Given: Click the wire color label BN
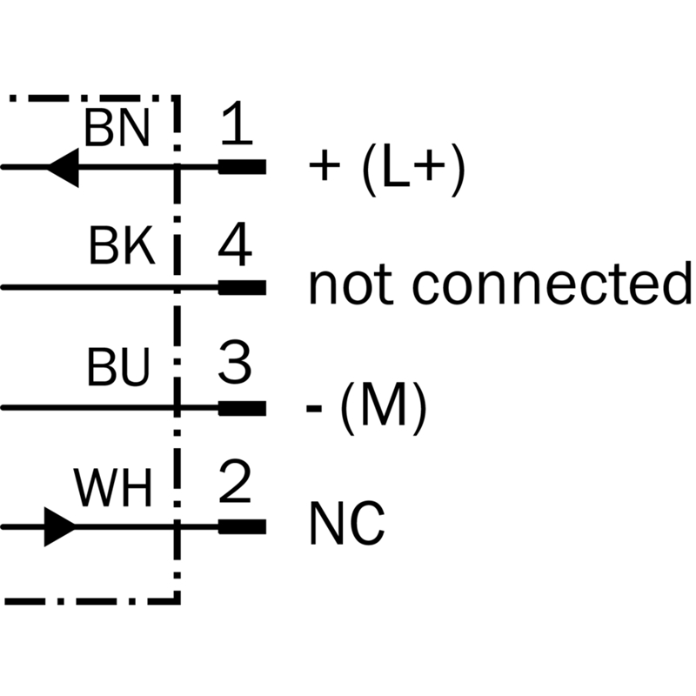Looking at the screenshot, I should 117,130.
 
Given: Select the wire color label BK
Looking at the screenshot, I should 122,250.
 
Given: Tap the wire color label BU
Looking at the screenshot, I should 118,370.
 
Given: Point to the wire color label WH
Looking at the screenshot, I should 114,490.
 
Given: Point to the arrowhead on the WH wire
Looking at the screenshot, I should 59,526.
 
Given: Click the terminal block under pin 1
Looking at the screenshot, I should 242,166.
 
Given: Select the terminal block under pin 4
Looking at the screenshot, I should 242,286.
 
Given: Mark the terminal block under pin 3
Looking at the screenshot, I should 242,406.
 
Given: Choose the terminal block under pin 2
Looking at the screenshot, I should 242,526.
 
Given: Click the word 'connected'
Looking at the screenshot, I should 551,286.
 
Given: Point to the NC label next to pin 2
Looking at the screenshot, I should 346,525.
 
